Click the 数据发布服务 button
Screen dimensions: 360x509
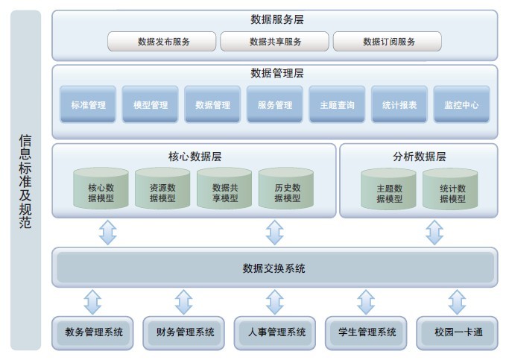point(162,42)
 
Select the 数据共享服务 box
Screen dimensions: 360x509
point(275,42)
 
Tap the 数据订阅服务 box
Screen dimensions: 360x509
point(388,42)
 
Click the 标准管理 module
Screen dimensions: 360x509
point(88,105)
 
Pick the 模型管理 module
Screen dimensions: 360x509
point(151,105)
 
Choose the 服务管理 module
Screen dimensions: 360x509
point(275,105)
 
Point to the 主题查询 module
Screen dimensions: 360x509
point(337,105)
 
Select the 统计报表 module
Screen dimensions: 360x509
point(399,105)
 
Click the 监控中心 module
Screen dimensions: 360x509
point(461,105)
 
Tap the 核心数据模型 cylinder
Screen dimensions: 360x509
point(101,189)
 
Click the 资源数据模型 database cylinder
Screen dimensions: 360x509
point(162,189)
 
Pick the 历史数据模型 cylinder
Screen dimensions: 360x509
point(287,189)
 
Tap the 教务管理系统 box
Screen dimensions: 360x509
point(94,332)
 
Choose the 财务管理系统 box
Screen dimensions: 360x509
point(185,332)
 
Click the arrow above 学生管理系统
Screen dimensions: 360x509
point(366,303)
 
